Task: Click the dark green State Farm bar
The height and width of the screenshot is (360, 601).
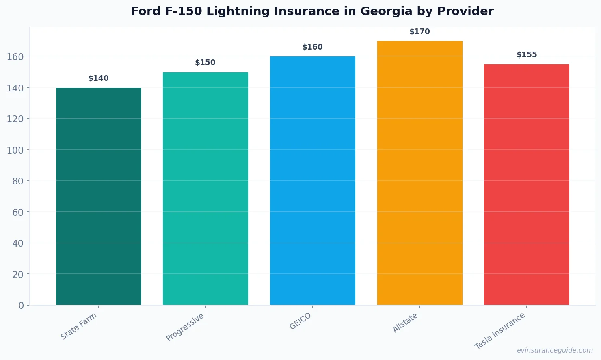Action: (x=98, y=196)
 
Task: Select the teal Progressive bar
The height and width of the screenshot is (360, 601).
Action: (x=205, y=189)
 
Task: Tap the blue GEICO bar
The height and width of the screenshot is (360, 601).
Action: (x=312, y=181)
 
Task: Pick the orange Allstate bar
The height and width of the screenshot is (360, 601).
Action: (x=419, y=173)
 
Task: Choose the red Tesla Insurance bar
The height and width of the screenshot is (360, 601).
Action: (x=526, y=184)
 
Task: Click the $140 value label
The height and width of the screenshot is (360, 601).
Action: (x=98, y=78)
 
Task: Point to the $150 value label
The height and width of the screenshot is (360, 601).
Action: (x=205, y=63)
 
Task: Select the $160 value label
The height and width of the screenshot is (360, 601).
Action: (x=312, y=47)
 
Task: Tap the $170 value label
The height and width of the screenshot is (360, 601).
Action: (x=419, y=32)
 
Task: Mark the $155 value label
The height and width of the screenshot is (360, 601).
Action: (x=526, y=55)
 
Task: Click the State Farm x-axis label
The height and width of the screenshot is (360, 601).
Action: (x=79, y=326)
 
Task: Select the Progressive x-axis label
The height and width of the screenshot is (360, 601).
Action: (x=185, y=327)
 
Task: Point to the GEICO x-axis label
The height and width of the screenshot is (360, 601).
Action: (x=300, y=321)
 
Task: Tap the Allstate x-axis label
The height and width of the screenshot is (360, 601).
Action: (x=405, y=323)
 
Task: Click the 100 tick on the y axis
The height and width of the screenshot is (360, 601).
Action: (x=15, y=150)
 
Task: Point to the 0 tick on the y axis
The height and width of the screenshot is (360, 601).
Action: (x=21, y=306)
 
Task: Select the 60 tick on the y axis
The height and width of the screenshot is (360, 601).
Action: (x=18, y=212)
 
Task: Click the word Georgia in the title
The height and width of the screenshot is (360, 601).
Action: (x=386, y=11)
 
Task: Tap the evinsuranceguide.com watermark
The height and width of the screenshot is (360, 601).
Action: (x=555, y=350)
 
